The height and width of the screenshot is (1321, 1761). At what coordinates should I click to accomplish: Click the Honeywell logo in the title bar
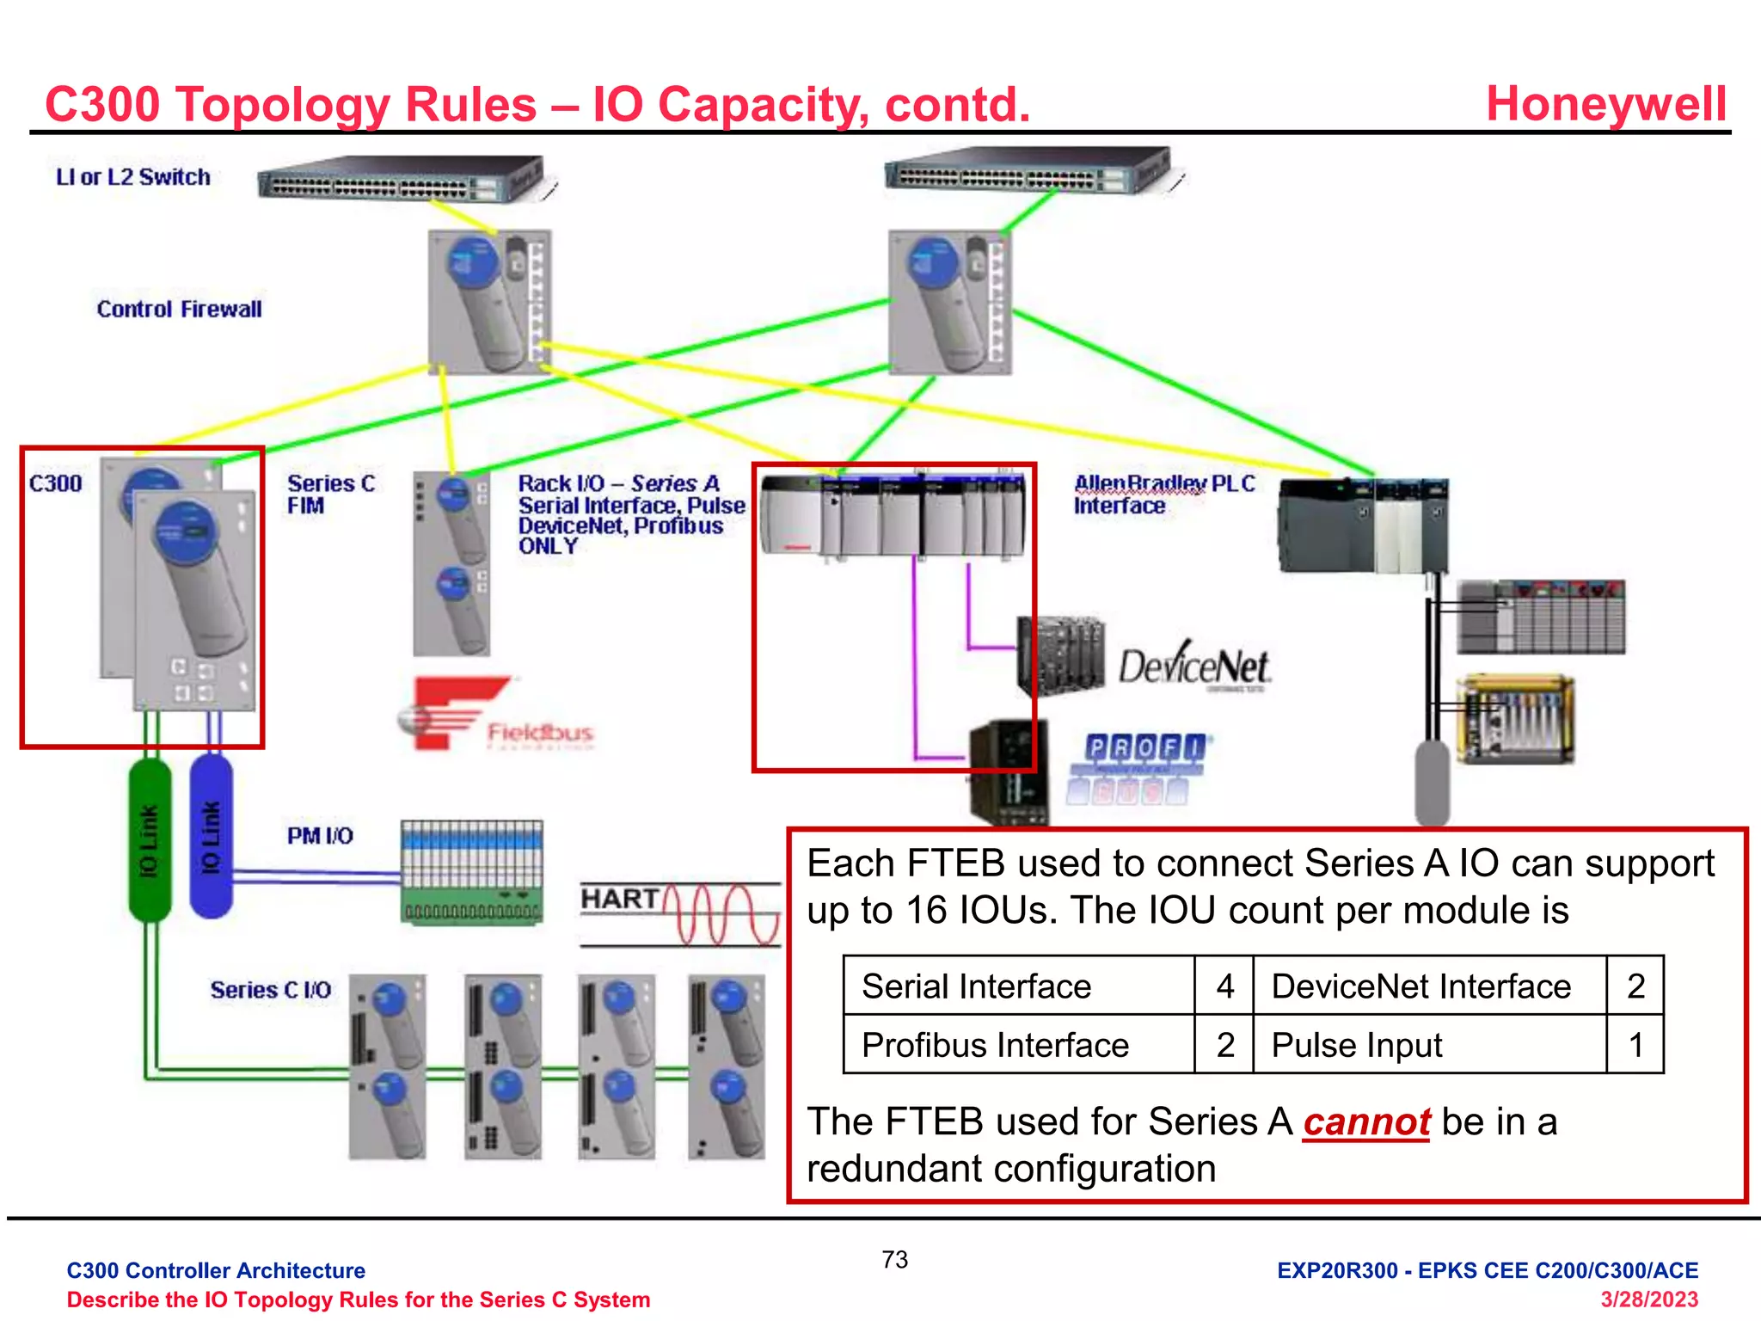point(1605,104)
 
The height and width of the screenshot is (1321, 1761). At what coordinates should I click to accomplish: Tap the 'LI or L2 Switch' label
point(133,177)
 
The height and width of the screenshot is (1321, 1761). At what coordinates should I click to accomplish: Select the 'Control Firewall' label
point(179,310)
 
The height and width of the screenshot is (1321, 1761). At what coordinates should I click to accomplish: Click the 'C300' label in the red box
point(56,483)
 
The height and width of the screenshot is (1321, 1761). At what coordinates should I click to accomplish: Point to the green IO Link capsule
point(150,839)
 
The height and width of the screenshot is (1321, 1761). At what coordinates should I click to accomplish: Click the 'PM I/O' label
point(320,836)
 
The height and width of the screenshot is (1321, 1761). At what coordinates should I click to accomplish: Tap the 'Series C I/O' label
point(271,991)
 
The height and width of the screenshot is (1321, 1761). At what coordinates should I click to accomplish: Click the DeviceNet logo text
point(1193,667)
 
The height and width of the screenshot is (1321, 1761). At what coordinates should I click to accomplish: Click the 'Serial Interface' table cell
point(976,986)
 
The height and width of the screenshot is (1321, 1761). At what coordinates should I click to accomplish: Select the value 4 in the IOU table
point(1224,986)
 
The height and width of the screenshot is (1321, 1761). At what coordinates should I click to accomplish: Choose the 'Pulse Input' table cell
point(1356,1046)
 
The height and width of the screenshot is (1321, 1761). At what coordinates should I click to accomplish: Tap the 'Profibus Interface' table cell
point(995,1046)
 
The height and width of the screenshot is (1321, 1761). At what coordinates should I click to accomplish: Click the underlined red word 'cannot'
point(1366,1122)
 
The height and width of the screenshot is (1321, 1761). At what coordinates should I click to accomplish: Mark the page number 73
point(894,1260)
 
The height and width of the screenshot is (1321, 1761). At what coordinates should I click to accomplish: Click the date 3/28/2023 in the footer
point(1648,1299)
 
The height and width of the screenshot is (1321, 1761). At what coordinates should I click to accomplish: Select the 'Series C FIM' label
point(331,495)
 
